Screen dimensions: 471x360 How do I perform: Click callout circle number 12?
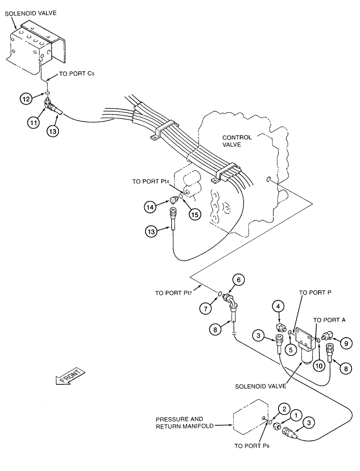coord(25,99)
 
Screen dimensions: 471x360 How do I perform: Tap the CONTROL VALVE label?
coord(237,141)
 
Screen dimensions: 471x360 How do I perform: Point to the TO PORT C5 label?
coord(76,74)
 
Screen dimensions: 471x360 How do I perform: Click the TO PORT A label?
coord(329,319)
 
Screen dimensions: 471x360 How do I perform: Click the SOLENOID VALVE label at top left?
coord(31,13)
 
